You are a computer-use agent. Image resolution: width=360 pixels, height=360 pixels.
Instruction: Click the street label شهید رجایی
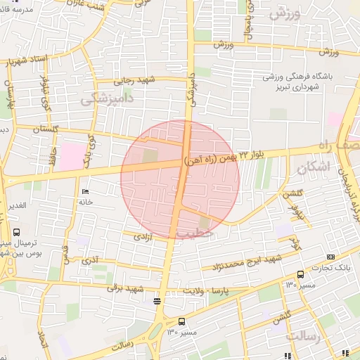(138, 81)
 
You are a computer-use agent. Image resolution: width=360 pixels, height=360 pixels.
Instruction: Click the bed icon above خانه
(86, 191)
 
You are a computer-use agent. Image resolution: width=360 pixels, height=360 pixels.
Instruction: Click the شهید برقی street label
(125, 289)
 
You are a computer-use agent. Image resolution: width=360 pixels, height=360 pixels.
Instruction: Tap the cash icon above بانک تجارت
(330, 256)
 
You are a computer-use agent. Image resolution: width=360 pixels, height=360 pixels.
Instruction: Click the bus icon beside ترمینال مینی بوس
(16, 231)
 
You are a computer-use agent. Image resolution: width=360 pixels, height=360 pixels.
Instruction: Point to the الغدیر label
(15, 205)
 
